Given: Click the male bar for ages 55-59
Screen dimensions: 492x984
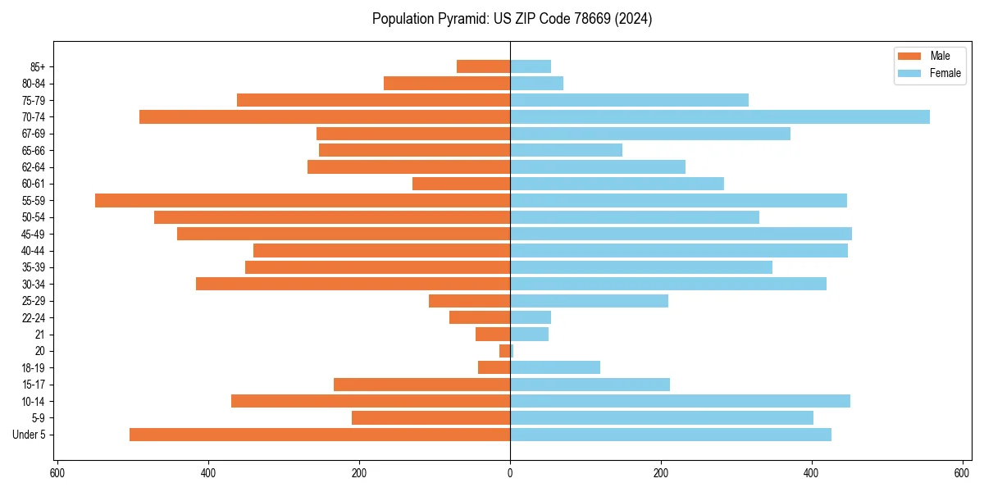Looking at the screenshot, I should (303, 200).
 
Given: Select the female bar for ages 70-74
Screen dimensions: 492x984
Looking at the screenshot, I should (720, 116).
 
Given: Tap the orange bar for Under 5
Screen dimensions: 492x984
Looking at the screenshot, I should (320, 435).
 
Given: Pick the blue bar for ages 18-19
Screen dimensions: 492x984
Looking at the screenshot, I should (555, 367).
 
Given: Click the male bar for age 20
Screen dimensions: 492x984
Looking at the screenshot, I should (505, 351).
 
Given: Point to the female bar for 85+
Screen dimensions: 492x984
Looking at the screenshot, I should (531, 66).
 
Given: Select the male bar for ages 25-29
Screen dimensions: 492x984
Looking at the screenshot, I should (469, 301).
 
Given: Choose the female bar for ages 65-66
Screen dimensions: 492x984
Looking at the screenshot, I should (566, 150).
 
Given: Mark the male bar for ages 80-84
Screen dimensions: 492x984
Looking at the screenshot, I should (447, 83).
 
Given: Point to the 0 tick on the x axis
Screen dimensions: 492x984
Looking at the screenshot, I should (510, 473).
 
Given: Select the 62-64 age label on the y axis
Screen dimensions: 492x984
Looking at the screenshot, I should (34, 167).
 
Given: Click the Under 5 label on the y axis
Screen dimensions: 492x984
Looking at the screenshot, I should (30, 435).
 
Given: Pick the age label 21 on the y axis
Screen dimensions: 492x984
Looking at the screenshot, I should (40, 335).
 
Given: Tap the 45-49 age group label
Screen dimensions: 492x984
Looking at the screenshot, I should (34, 234).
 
